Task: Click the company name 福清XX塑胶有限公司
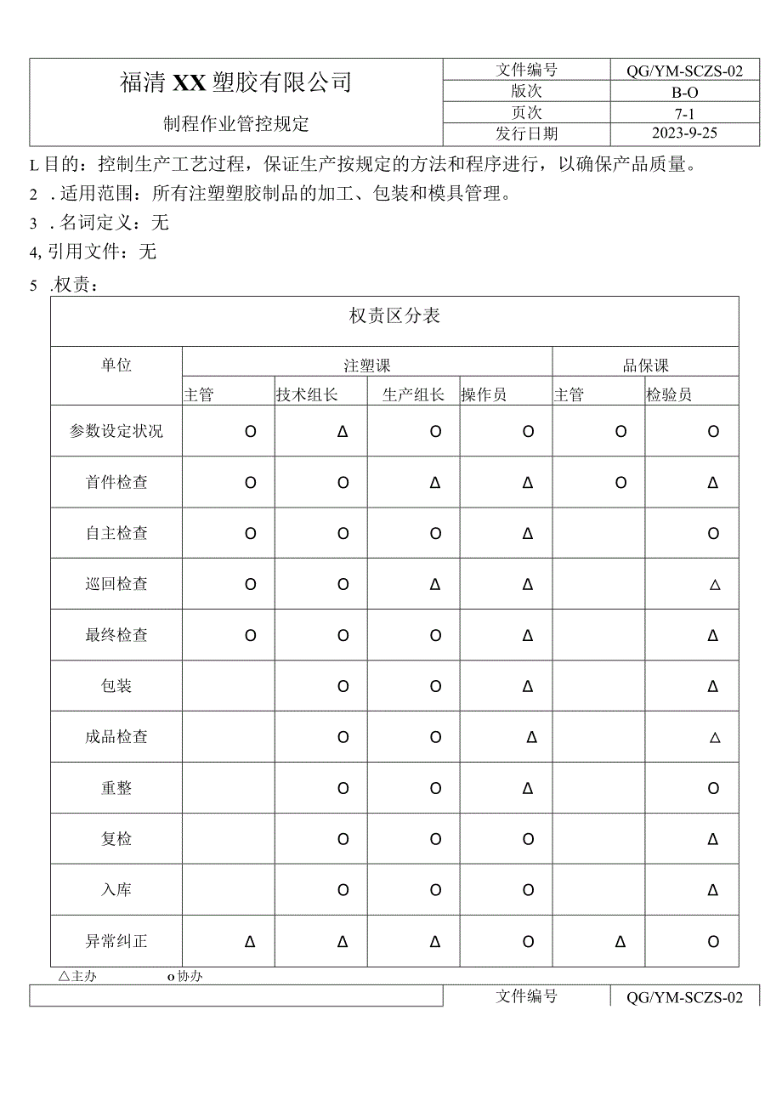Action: [235, 82]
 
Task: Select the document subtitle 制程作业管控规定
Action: [235, 124]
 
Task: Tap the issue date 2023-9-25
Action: [684, 133]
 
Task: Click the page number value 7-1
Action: [684, 113]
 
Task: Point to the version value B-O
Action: [684, 92]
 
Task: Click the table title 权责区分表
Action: [394, 316]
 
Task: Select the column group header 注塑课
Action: [367, 366]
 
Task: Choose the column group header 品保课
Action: [645, 366]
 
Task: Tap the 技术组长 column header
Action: [307, 394]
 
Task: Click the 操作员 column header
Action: [484, 394]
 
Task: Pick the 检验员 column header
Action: [669, 394]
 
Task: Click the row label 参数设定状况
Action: [116, 431]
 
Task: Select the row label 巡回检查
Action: [116, 584]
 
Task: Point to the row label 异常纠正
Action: [116, 941]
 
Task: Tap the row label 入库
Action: [116, 890]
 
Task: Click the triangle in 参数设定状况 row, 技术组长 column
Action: [343, 431]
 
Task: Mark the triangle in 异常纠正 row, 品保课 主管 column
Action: [620, 941]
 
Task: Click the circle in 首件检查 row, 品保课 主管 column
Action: [620, 482]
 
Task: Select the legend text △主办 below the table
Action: [77, 976]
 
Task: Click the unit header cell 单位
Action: [116, 365]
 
